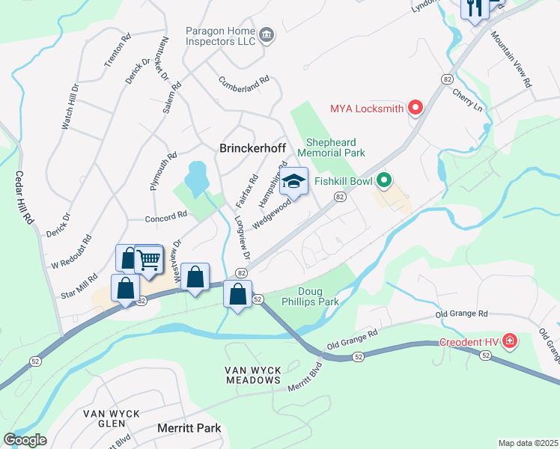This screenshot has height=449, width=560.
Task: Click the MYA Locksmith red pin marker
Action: pyautogui.click(x=416, y=109)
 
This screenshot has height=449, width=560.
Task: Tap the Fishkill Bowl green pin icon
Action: pyautogui.click(x=385, y=180)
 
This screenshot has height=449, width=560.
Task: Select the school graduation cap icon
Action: pyautogui.click(x=293, y=182)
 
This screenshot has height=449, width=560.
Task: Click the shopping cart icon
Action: pyautogui.click(x=149, y=260)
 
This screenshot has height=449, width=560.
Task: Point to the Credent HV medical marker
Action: pyautogui.click(x=510, y=342)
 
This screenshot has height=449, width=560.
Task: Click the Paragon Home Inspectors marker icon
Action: pyautogui.click(x=267, y=35)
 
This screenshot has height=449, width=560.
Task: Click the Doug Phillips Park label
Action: pyautogui.click(x=319, y=296)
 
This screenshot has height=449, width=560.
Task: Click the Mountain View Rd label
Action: pyautogui.click(x=511, y=60)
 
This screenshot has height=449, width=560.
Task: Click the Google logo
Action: pyautogui.click(x=25, y=439)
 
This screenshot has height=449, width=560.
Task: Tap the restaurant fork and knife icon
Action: pyautogui.click(x=474, y=8)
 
